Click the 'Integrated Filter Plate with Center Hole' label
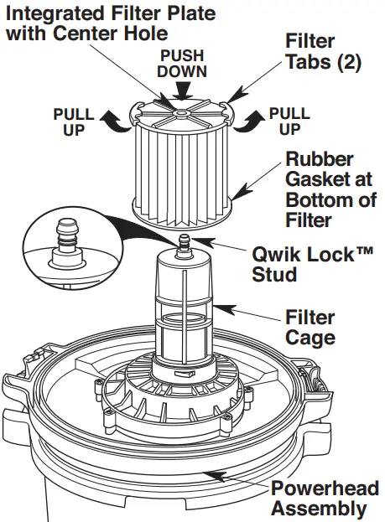(108, 24)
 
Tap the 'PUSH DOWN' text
(183, 63)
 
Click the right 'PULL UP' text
(290, 121)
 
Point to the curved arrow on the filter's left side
(112, 122)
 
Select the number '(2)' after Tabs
(345, 63)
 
